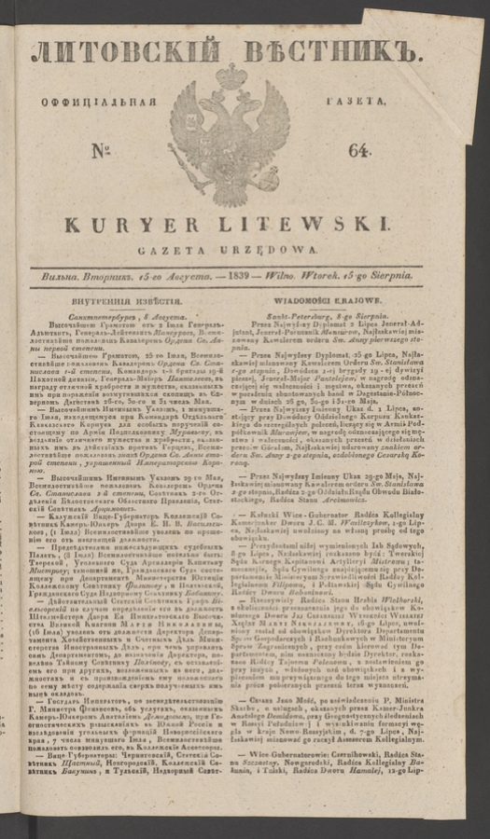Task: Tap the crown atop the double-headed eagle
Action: click(231, 76)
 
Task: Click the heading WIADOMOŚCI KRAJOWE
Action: click(338, 302)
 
